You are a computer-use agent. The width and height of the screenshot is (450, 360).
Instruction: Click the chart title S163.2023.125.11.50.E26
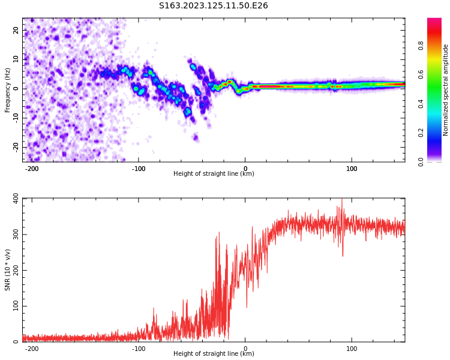pyautogui.click(x=213, y=6)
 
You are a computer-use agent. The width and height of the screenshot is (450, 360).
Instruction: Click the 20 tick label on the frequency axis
pyautogui.click(x=16, y=30)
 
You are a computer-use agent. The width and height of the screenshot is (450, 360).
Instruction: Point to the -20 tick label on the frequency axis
pyautogui.click(x=15, y=147)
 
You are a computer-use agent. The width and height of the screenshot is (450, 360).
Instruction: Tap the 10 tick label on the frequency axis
pyautogui.click(x=16, y=59)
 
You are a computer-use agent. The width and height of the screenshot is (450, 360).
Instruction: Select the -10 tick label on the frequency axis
pyautogui.click(x=15, y=118)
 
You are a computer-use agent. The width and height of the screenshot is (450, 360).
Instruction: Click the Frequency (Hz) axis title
pyautogui.click(x=8, y=90)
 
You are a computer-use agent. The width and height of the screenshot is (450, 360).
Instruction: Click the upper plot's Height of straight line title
pyautogui.click(x=214, y=174)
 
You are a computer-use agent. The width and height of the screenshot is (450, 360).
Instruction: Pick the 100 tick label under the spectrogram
pyautogui.click(x=352, y=169)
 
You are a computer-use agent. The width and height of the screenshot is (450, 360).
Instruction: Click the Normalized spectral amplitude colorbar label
pyautogui.click(x=446, y=90)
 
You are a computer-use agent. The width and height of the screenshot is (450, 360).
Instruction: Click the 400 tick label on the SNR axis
pyautogui.click(x=13, y=199)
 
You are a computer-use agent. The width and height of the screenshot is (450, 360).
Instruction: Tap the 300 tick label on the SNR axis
pyautogui.click(x=13, y=235)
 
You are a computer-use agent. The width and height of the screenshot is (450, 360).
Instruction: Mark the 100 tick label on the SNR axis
pyautogui.click(x=13, y=307)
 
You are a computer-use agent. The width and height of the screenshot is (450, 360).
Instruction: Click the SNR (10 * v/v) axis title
pyautogui.click(x=8, y=270)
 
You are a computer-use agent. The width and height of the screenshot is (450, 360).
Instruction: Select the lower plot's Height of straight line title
pyautogui.click(x=214, y=354)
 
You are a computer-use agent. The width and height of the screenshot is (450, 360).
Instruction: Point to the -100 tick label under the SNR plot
pyautogui.click(x=138, y=349)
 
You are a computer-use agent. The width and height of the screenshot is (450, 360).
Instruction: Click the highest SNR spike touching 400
pyautogui.click(x=342, y=200)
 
